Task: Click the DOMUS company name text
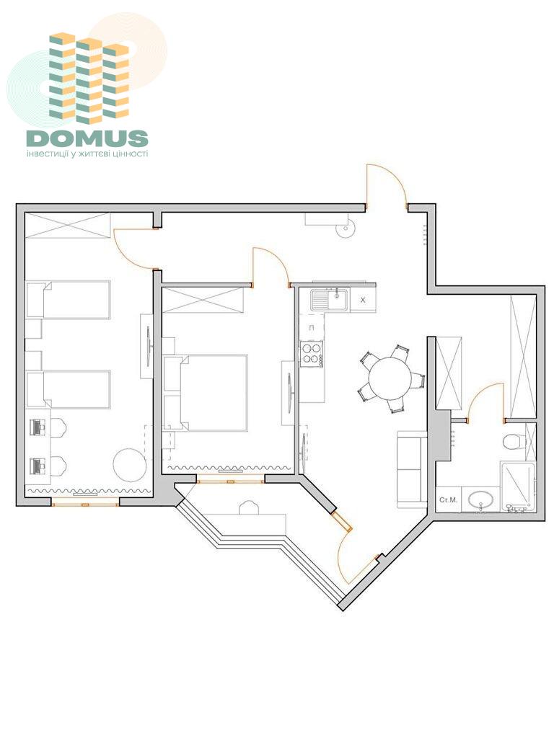[x=87, y=138]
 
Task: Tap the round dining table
[x=390, y=378]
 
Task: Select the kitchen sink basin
[x=329, y=299]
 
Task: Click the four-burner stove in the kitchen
[x=312, y=354]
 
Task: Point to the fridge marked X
[x=362, y=300]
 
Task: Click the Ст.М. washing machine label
[x=448, y=499]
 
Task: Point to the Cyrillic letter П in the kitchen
[x=312, y=327]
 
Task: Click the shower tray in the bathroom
[x=518, y=486]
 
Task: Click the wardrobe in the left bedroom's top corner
[x=67, y=226]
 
